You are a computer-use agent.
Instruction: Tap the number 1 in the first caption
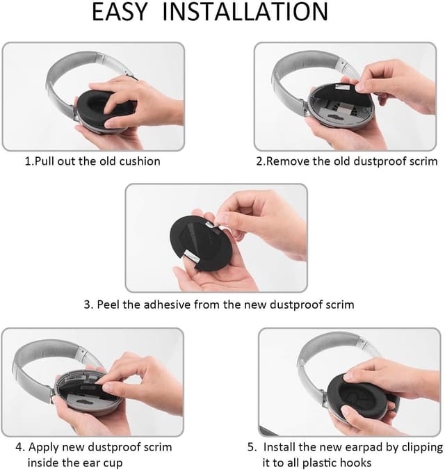[x=29, y=161]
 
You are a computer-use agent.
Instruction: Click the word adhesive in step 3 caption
[x=175, y=304]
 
